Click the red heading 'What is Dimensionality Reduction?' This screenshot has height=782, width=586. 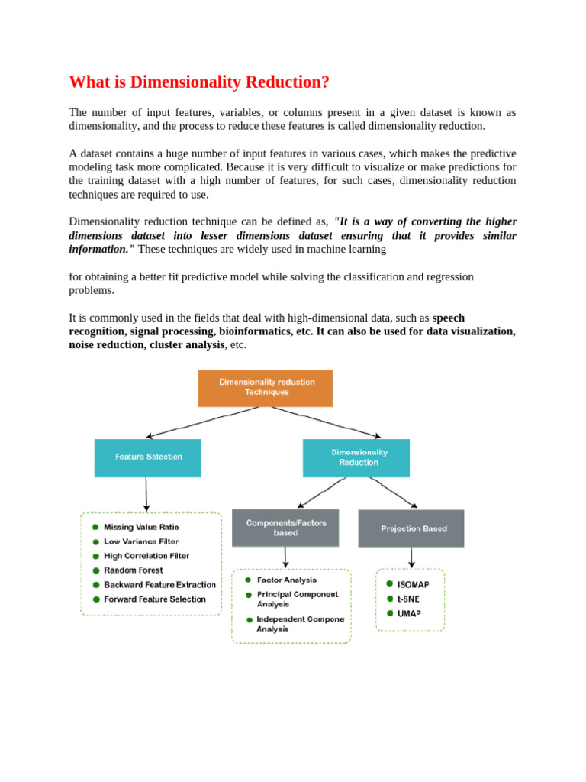click(x=199, y=82)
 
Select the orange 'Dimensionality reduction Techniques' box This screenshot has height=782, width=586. click(x=266, y=387)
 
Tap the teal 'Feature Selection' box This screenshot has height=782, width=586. click(x=148, y=457)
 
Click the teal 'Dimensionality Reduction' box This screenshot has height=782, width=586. click(x=356, y=457)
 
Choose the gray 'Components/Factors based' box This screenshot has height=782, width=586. click(x=285, y=528)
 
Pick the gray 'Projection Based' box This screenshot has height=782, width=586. click(x=411, y=528)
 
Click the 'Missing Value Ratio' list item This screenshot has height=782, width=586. click(x=141, y=527)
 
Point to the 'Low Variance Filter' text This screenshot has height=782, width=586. click(x=141, y=541)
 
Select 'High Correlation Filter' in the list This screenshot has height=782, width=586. click(x=146, y=556)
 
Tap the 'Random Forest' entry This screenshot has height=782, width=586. click(x=134, y=570)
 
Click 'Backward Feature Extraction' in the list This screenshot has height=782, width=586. click(x=159, y=585)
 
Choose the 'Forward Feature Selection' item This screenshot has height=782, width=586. click(x=155, y=599)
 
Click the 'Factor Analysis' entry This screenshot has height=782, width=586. click(x=286, y=580)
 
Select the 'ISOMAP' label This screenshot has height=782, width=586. click(x=413, y=585)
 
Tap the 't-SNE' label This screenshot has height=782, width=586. click(x=408, y=599)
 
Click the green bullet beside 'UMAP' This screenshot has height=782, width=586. click(x=389, y=613)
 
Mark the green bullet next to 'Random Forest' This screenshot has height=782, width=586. click(x=95, y=570)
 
